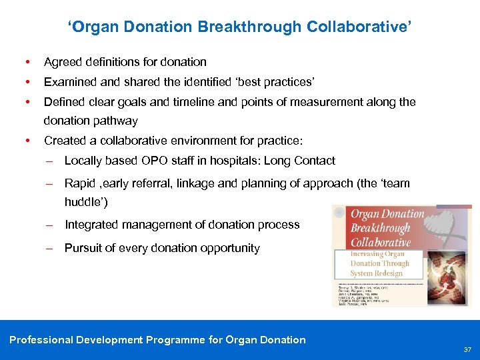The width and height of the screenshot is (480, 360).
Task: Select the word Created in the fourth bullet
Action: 65,141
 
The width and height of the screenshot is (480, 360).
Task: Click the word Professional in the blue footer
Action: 41,340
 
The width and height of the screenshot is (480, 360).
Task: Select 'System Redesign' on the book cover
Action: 377,273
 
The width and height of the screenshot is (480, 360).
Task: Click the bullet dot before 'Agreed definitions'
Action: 26,62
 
